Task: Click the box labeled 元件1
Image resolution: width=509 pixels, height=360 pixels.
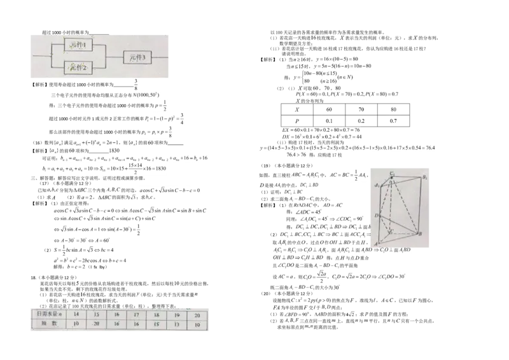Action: click(x=80, y=46)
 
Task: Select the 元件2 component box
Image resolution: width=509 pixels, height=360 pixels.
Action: click(x=80, y=66)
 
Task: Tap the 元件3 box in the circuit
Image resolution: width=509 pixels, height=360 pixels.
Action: click(x=138, y=57)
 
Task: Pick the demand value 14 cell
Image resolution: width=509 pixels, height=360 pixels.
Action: click(x=76, y=315)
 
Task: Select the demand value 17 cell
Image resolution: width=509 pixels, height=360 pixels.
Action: click(x=138, y=315)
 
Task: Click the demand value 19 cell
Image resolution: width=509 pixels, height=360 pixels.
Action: click(x=177, y=315)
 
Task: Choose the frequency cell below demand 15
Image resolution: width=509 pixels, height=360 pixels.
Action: click(x=98, y=324)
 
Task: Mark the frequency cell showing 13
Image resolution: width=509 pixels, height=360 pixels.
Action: click(x=177, y=324)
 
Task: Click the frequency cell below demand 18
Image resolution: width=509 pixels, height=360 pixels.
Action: click(x=157, y=324)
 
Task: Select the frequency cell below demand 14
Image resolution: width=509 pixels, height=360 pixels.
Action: click(x=76, y=324)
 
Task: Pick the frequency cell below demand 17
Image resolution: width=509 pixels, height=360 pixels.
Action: click(x=138, y=324)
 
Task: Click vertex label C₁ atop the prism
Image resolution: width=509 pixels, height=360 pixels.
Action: click(x=393, y=173)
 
